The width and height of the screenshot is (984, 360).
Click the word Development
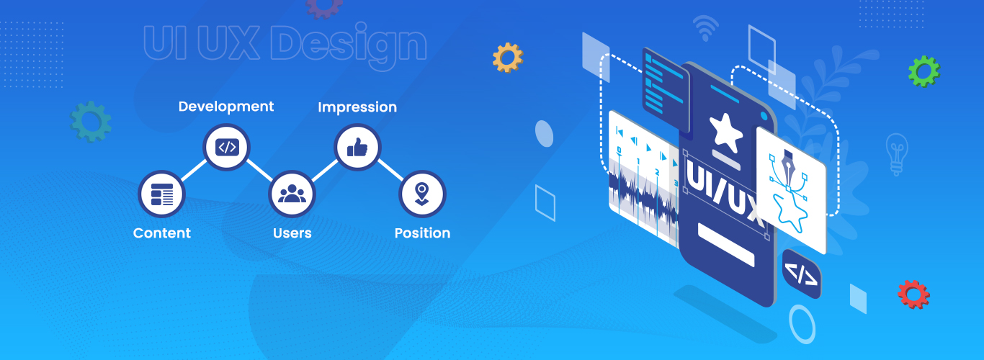[x=225, y=107]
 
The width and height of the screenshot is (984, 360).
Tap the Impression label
[x=357, y=107]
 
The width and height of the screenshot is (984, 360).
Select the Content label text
[x=161, y=233]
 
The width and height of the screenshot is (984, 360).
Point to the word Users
[x=292, y=233]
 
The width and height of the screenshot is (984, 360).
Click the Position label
[x=422, y=233]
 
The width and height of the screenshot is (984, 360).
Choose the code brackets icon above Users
[x=227, y=147]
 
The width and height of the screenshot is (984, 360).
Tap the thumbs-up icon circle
[x=357, y=147]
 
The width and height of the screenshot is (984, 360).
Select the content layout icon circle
[x=161, y=194]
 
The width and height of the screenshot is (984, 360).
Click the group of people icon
[x=292, y=194]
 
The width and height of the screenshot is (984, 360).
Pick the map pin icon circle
[x=422, y=194]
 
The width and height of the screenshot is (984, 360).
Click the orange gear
[x=508, y=58]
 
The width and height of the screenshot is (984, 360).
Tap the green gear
[x=924, y=71]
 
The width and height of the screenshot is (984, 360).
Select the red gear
[x=913, y=294]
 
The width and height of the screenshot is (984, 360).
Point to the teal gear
[x=91, y=122]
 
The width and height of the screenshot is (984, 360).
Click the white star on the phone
[x=725, y=132]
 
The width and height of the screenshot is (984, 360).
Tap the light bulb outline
[x=897, y=154]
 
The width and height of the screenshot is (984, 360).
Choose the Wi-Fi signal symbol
[x=705, y=27]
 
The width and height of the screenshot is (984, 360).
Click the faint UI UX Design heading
[x=285, y=44]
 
